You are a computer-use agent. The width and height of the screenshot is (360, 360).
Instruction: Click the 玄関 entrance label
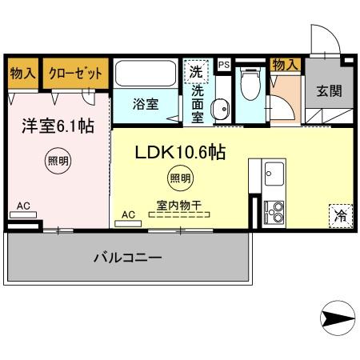329,90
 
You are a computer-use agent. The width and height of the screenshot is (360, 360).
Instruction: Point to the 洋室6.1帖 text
54,126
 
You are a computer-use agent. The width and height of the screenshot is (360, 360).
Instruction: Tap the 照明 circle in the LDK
179,178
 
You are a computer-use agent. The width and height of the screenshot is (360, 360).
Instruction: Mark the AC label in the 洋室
23,206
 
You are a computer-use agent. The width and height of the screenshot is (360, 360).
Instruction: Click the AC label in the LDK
128,214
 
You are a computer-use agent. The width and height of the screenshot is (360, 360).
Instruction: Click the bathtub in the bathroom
145,74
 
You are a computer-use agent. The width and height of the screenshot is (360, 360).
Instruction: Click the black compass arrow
337,318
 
